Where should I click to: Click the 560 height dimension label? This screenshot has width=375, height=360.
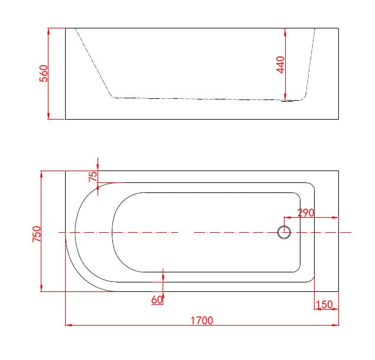pyautogui.click(x=44, y=73)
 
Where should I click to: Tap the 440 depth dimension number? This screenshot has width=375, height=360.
pyautogui.click(x=280, y=65)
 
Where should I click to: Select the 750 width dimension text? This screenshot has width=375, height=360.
pyautogui.click(x=37, y=234)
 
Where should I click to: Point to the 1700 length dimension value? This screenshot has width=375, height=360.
pyautogui.click(x=202, y=320)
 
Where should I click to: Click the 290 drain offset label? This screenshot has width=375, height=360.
pyautogui.click(x=306, y=213)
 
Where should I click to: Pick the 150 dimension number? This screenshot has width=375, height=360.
pyautogui.click(x=324, y=305)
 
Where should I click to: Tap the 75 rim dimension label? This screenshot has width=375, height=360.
pyautogui.click(x=93, y=176)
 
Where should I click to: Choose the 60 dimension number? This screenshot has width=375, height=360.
pyautogui.click(x=157, y=300)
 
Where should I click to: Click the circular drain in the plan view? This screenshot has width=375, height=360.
pyautogui.click(x=284, y=232)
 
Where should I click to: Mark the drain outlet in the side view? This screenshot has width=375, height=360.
pyautogui.click(x=287, y=101)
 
